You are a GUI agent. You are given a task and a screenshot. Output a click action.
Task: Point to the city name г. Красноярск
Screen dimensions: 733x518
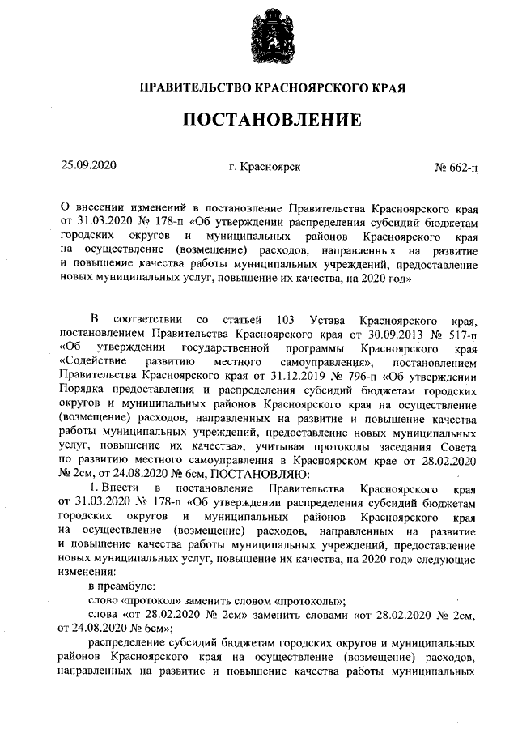(x=265, y=167)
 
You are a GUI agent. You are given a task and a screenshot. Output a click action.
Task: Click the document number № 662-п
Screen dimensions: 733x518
(x=456, y=168)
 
